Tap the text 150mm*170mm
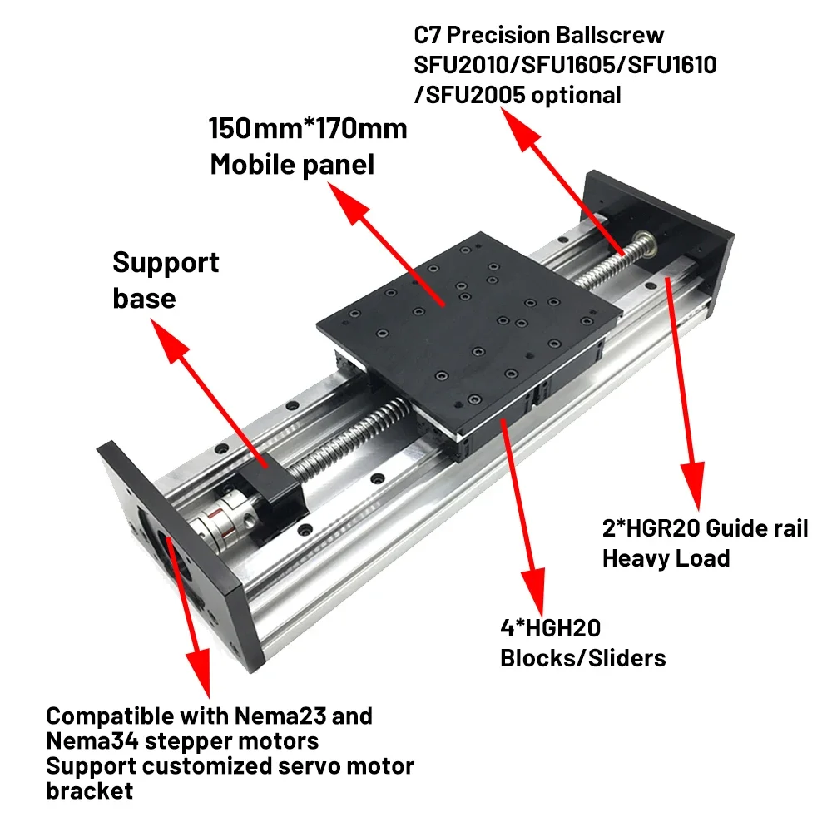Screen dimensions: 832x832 308,129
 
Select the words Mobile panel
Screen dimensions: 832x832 292,164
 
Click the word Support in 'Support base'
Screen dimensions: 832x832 166,262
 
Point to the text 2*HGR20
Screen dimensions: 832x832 653,528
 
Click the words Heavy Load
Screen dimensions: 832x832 666,557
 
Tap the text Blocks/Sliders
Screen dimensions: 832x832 582,658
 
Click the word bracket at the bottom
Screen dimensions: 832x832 89,790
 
